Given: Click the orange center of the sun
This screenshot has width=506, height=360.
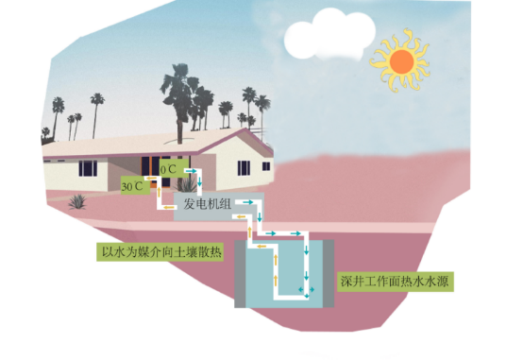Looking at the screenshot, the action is [x=402, y=61].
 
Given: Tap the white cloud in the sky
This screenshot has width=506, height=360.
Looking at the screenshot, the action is [x=329, y=35].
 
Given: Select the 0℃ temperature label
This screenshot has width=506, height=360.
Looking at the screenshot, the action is [x=168, y=169].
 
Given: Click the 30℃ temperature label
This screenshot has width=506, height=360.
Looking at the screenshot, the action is [x=132, y=186].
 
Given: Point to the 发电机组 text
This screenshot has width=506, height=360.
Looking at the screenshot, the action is [x=207, y=204].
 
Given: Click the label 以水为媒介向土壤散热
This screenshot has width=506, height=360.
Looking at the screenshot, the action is [x=161, y=252].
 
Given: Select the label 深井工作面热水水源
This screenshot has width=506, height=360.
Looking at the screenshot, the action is [x=395, y=282].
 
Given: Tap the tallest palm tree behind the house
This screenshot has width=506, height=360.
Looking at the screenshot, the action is [x=178, y=100].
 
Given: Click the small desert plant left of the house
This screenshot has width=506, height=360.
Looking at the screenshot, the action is [x=77, y=202].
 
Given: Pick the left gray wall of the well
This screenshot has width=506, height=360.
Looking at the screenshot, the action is [x=240, y=273].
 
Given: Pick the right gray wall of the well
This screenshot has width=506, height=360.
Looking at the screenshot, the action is [x=329, y=273].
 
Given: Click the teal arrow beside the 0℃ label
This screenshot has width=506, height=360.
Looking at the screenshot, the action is [x=191, y=171].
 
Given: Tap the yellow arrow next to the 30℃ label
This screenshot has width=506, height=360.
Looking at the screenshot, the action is [x=149, y=179].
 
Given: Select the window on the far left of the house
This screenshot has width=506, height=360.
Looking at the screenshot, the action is [x=88, y=168].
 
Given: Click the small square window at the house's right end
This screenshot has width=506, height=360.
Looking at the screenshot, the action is [x=266, y=166].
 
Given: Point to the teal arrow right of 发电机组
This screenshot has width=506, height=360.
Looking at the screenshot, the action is [x=248, y=202].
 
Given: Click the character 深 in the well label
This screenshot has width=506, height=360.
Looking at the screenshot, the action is [x=346, y=282].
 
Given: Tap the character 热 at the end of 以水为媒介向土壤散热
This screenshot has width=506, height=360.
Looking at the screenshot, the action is [x=216, y=252].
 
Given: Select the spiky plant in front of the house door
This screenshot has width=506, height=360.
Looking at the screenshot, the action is [x=187, y=185].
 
